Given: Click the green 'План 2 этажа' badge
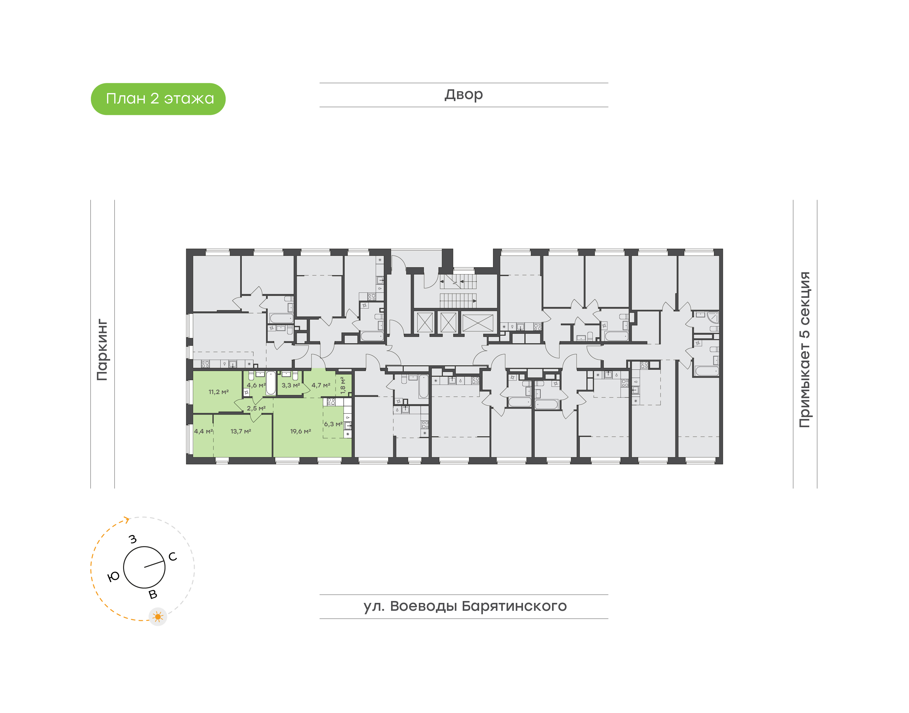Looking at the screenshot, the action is [x=158, y=99].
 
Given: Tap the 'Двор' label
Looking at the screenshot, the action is [x=463, y=95].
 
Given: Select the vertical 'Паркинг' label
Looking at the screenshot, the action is [x=102, y=350].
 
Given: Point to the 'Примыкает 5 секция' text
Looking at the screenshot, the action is [x=804, y=350].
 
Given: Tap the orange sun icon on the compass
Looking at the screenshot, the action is [x=158, y=616].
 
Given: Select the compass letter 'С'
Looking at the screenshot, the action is [x=172, y=557].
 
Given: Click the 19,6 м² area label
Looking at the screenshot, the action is [x=301, y=431].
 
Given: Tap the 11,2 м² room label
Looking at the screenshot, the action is [x=218, y=392].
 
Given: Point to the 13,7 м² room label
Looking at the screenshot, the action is [x=241, y=431].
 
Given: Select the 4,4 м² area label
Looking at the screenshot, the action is [x=203, y=431].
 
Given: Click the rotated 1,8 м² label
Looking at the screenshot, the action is [x=343, y=385].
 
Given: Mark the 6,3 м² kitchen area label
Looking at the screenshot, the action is [x=333, y=424].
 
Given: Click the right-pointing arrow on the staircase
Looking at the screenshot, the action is [x=474, y=301].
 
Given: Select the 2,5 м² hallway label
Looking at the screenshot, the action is [x=256, y=408].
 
